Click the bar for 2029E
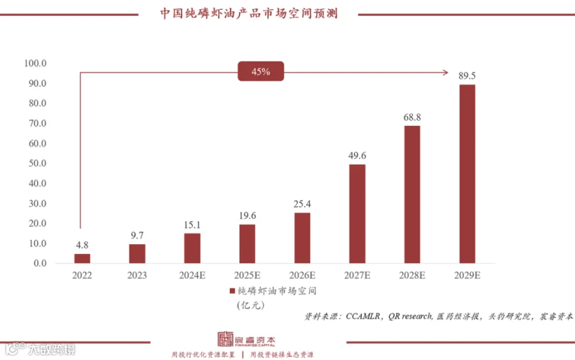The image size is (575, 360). click(x=467, y=174)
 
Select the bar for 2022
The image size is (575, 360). click(x=82, y=258)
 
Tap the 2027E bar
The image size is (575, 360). click(x=357, y=214)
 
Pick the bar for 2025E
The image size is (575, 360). click(x=247, y=244)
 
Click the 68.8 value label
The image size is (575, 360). click(x=412, y=118)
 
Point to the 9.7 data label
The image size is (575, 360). click(x=137, y=236)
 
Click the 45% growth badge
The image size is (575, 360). click(x=261, y=72)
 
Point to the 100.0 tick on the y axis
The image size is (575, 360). click(x=35, y=63)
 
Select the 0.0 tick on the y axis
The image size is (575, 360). click(x=40, y=263)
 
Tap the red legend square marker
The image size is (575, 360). click(x=233, y=291)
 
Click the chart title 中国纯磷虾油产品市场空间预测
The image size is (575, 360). click(x=249, y=13)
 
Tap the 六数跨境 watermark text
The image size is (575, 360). click(x=50, y=349)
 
